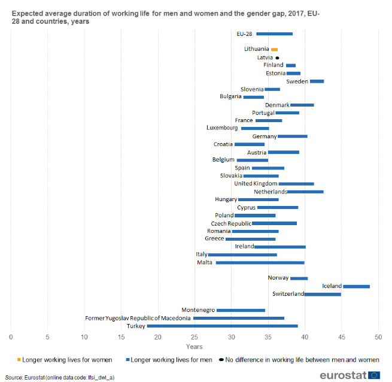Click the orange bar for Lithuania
pos(274,49)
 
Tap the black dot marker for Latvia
pos(278,57)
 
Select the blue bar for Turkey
pos(222,326)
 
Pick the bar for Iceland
pos(356,286)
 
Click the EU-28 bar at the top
pos(274,34)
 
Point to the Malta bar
pos(260,262)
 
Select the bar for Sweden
pos(317,81)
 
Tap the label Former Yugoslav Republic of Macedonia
pos(138,318)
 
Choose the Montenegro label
pos(198,310)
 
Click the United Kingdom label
pos(256,184)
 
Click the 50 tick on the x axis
pos(378,338)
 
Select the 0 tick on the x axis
pos(11,338)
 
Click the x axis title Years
pos(194,347)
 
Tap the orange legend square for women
pos(19,360)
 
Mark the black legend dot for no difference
pos(221,360)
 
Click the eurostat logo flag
pos(375,375)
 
